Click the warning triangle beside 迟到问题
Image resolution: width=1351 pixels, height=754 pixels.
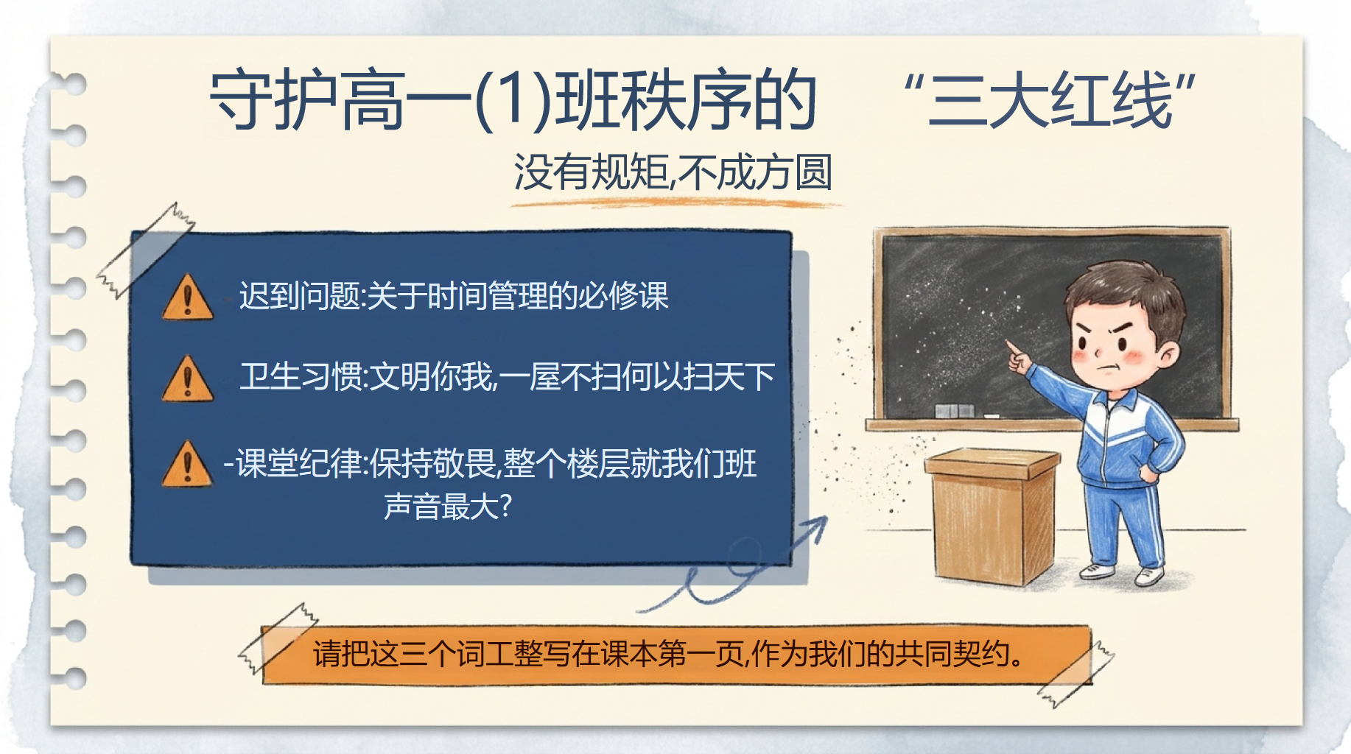pos(188,297)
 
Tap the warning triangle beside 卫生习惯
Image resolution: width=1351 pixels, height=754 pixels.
pos(188,378)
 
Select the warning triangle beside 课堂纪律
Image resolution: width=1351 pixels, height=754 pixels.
pos(188,464)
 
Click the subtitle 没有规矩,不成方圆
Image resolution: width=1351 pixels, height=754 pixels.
pos(673,172)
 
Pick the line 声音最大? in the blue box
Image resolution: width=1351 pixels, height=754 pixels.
pos(448,506)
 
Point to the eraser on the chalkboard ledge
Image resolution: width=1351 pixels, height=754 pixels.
pos(954,410)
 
